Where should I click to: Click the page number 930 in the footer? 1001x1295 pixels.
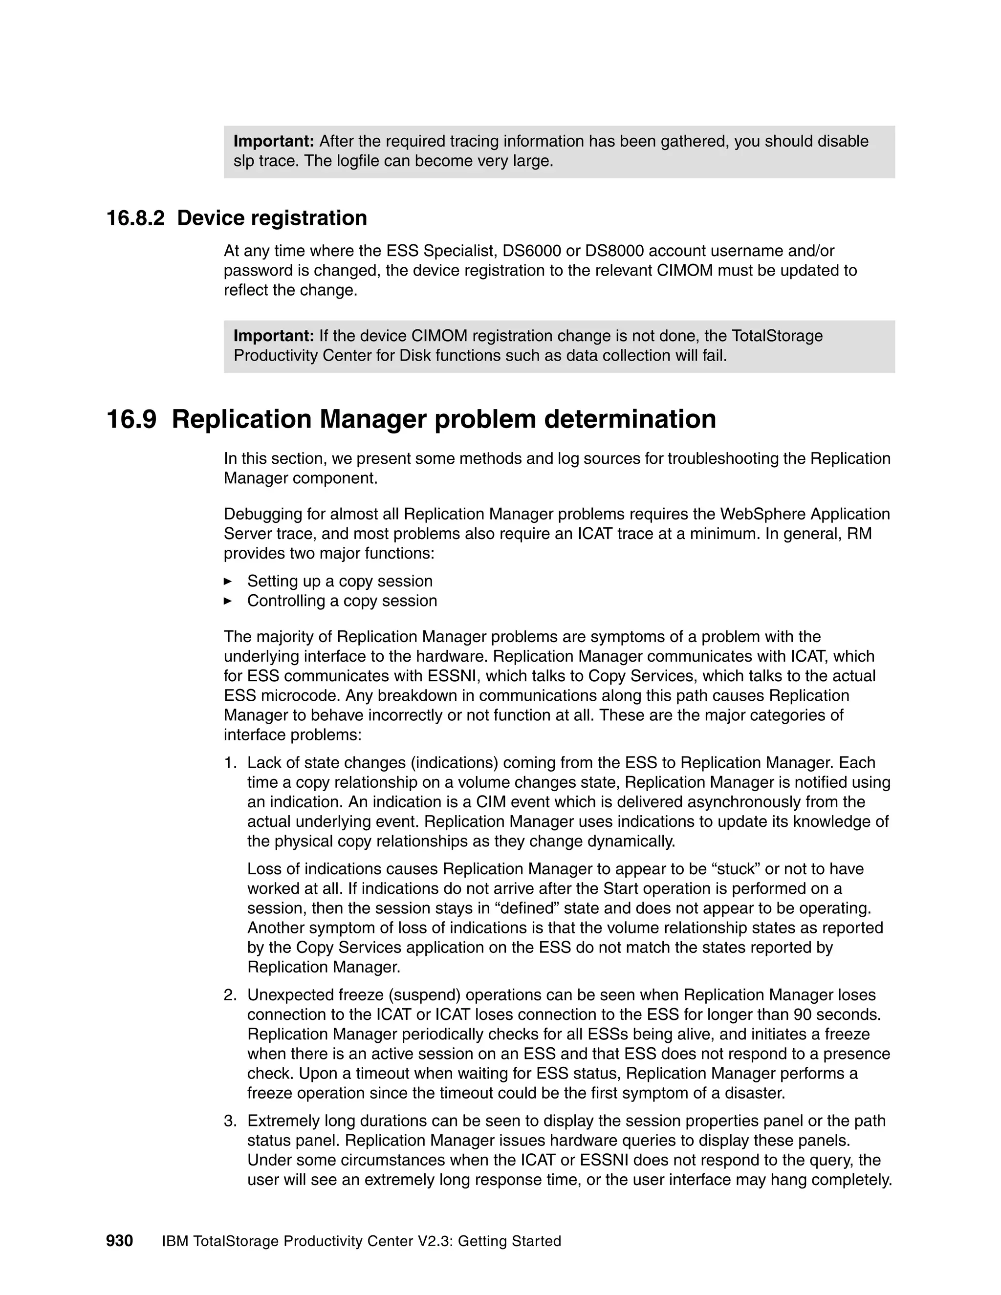[119, 1240]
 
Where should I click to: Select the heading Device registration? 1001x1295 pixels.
[272, 218]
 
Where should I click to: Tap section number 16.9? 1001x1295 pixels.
[131, 419]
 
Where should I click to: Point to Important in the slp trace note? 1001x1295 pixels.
[273, 141]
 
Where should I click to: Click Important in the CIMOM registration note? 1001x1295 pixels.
[273, 336]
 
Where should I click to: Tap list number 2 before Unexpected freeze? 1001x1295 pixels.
[230, 995]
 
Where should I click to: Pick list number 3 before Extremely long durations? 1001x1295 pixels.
[230, 1121]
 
